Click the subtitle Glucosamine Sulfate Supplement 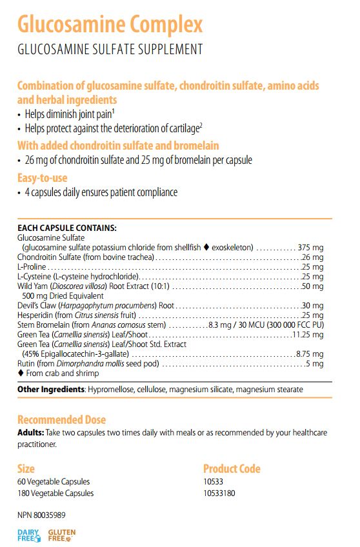[110, 49]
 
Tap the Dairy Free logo [28, 535]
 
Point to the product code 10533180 [221, 493]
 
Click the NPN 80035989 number [41, 515]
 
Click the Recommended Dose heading [61, 419]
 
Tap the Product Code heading [232, 468]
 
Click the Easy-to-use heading [43, 177]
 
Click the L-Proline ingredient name [31, 266]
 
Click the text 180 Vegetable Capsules [55, 493]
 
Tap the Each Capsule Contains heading [67, 228]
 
